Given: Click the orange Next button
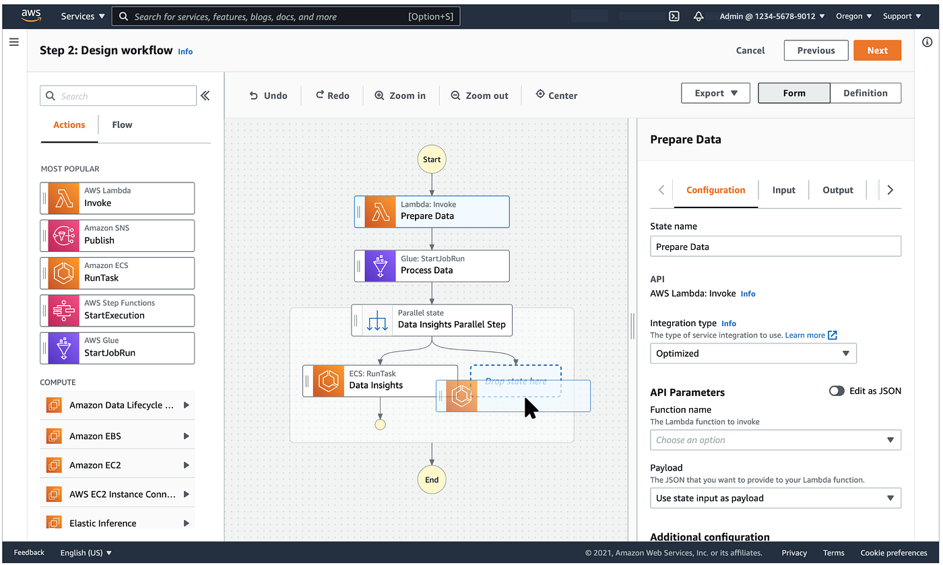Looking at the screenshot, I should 877,51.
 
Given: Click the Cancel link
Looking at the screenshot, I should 750,51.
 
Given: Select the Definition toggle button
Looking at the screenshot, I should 865,93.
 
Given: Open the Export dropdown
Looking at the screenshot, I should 715,93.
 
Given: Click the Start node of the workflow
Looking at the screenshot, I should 432,160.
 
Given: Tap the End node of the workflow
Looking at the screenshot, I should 432,479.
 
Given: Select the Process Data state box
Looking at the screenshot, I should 432,265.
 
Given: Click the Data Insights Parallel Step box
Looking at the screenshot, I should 432,320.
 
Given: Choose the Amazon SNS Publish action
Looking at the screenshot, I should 117,235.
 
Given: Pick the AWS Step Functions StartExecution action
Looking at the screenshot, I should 117,310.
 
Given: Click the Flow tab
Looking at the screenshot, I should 122,125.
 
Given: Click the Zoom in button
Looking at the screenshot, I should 400,96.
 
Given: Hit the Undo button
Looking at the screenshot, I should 268,96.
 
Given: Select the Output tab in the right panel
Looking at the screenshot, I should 838,190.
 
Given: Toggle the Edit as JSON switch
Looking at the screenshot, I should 837,391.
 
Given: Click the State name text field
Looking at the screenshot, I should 775,246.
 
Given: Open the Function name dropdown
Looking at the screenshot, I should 775,440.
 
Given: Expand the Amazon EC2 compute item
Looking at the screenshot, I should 117,465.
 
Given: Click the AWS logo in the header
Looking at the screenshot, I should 32,15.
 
